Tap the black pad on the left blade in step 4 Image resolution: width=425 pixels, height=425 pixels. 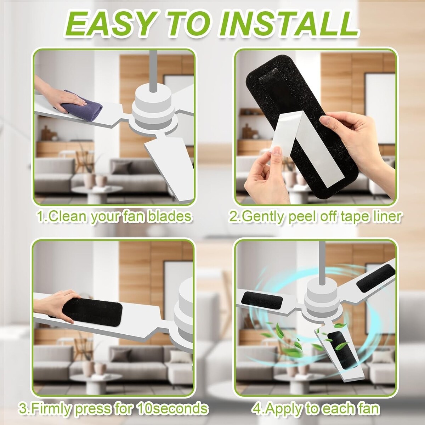(x=262, y=300)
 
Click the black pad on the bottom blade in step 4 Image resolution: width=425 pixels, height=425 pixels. (x=342, y=351)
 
